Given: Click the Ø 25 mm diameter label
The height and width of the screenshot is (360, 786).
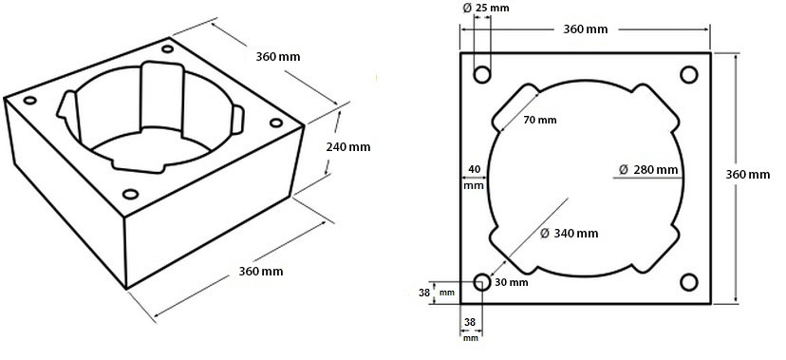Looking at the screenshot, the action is pyautogui.click(x=485, y=8).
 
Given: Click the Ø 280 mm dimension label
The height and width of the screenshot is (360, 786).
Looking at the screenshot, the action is pyautogui.click(x=648, y=169).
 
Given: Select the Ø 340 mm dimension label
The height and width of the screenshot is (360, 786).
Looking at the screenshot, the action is pyautogui.click(x=570, y=233).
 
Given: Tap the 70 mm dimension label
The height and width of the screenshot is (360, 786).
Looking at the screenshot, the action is pyautogui.click(x=540, y=121).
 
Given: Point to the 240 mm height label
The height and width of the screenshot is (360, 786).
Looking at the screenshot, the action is pyautogui.click(x=347, y=147).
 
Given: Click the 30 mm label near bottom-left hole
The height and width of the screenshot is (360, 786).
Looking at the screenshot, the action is pyautogui.click(x=512, y=282).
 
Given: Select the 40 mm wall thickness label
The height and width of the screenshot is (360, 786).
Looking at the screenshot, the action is pyautogui.click(x=474, y=178).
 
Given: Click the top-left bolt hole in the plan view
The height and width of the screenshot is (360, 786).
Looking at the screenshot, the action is pyautogui.click(x=482, y=75).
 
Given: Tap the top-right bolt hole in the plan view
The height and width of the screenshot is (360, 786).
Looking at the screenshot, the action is pyautogui.click(x=689, y=75).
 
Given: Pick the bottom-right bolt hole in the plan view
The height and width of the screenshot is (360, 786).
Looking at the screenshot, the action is pyautogui.click(x=689, y=282).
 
